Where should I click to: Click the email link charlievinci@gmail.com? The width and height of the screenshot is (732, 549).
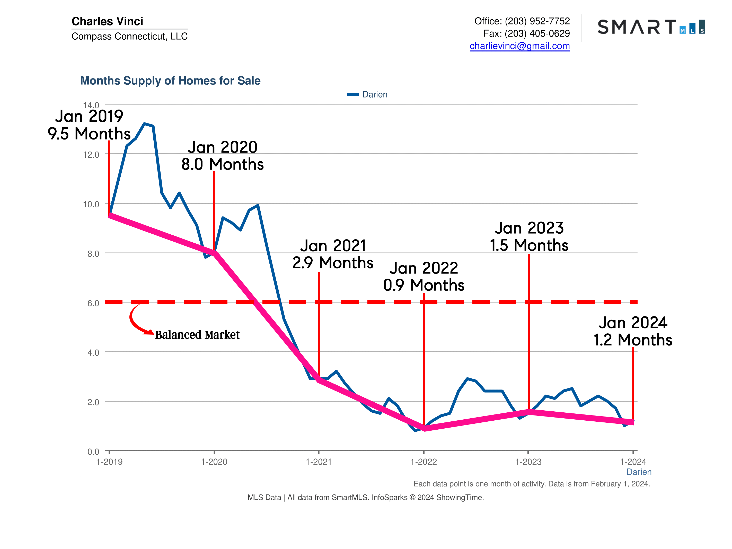pyautogui.click(x=519, y=46)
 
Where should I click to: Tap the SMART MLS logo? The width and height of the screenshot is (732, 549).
pyautogui.click(x=651, y=27)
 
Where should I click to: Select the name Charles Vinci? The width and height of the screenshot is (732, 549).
pyautogui.click(x=107, y=21)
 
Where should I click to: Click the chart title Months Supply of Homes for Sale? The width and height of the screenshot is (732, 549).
pyautogui.click(x=170, y=81)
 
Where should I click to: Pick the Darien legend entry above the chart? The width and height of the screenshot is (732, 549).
pyautogui.click(x=367, y=95)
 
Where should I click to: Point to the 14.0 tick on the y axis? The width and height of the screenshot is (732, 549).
pyautogui.click(x=91, y=105)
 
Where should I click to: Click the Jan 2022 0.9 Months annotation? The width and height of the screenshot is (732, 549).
pyautogui.click(x=424, y=277)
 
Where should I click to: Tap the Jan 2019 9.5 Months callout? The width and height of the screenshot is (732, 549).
pyautogui.click(x=89, y=125)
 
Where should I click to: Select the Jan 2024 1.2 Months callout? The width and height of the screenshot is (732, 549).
pyautogui.click(x=632, y=331)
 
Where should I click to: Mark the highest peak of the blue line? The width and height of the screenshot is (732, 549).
pyautogui.click(x=145, y=124)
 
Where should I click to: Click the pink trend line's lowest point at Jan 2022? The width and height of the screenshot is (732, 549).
pyautogui.click(x=424, y=428)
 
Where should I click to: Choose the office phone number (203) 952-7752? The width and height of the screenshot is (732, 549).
pyautogui.click(x=537, y=21)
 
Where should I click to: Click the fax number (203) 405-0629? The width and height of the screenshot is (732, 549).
pyautogui.click(x=537, y=33)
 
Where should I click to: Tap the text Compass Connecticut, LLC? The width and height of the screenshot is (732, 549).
pyautogui.click(x=129, y=36)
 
